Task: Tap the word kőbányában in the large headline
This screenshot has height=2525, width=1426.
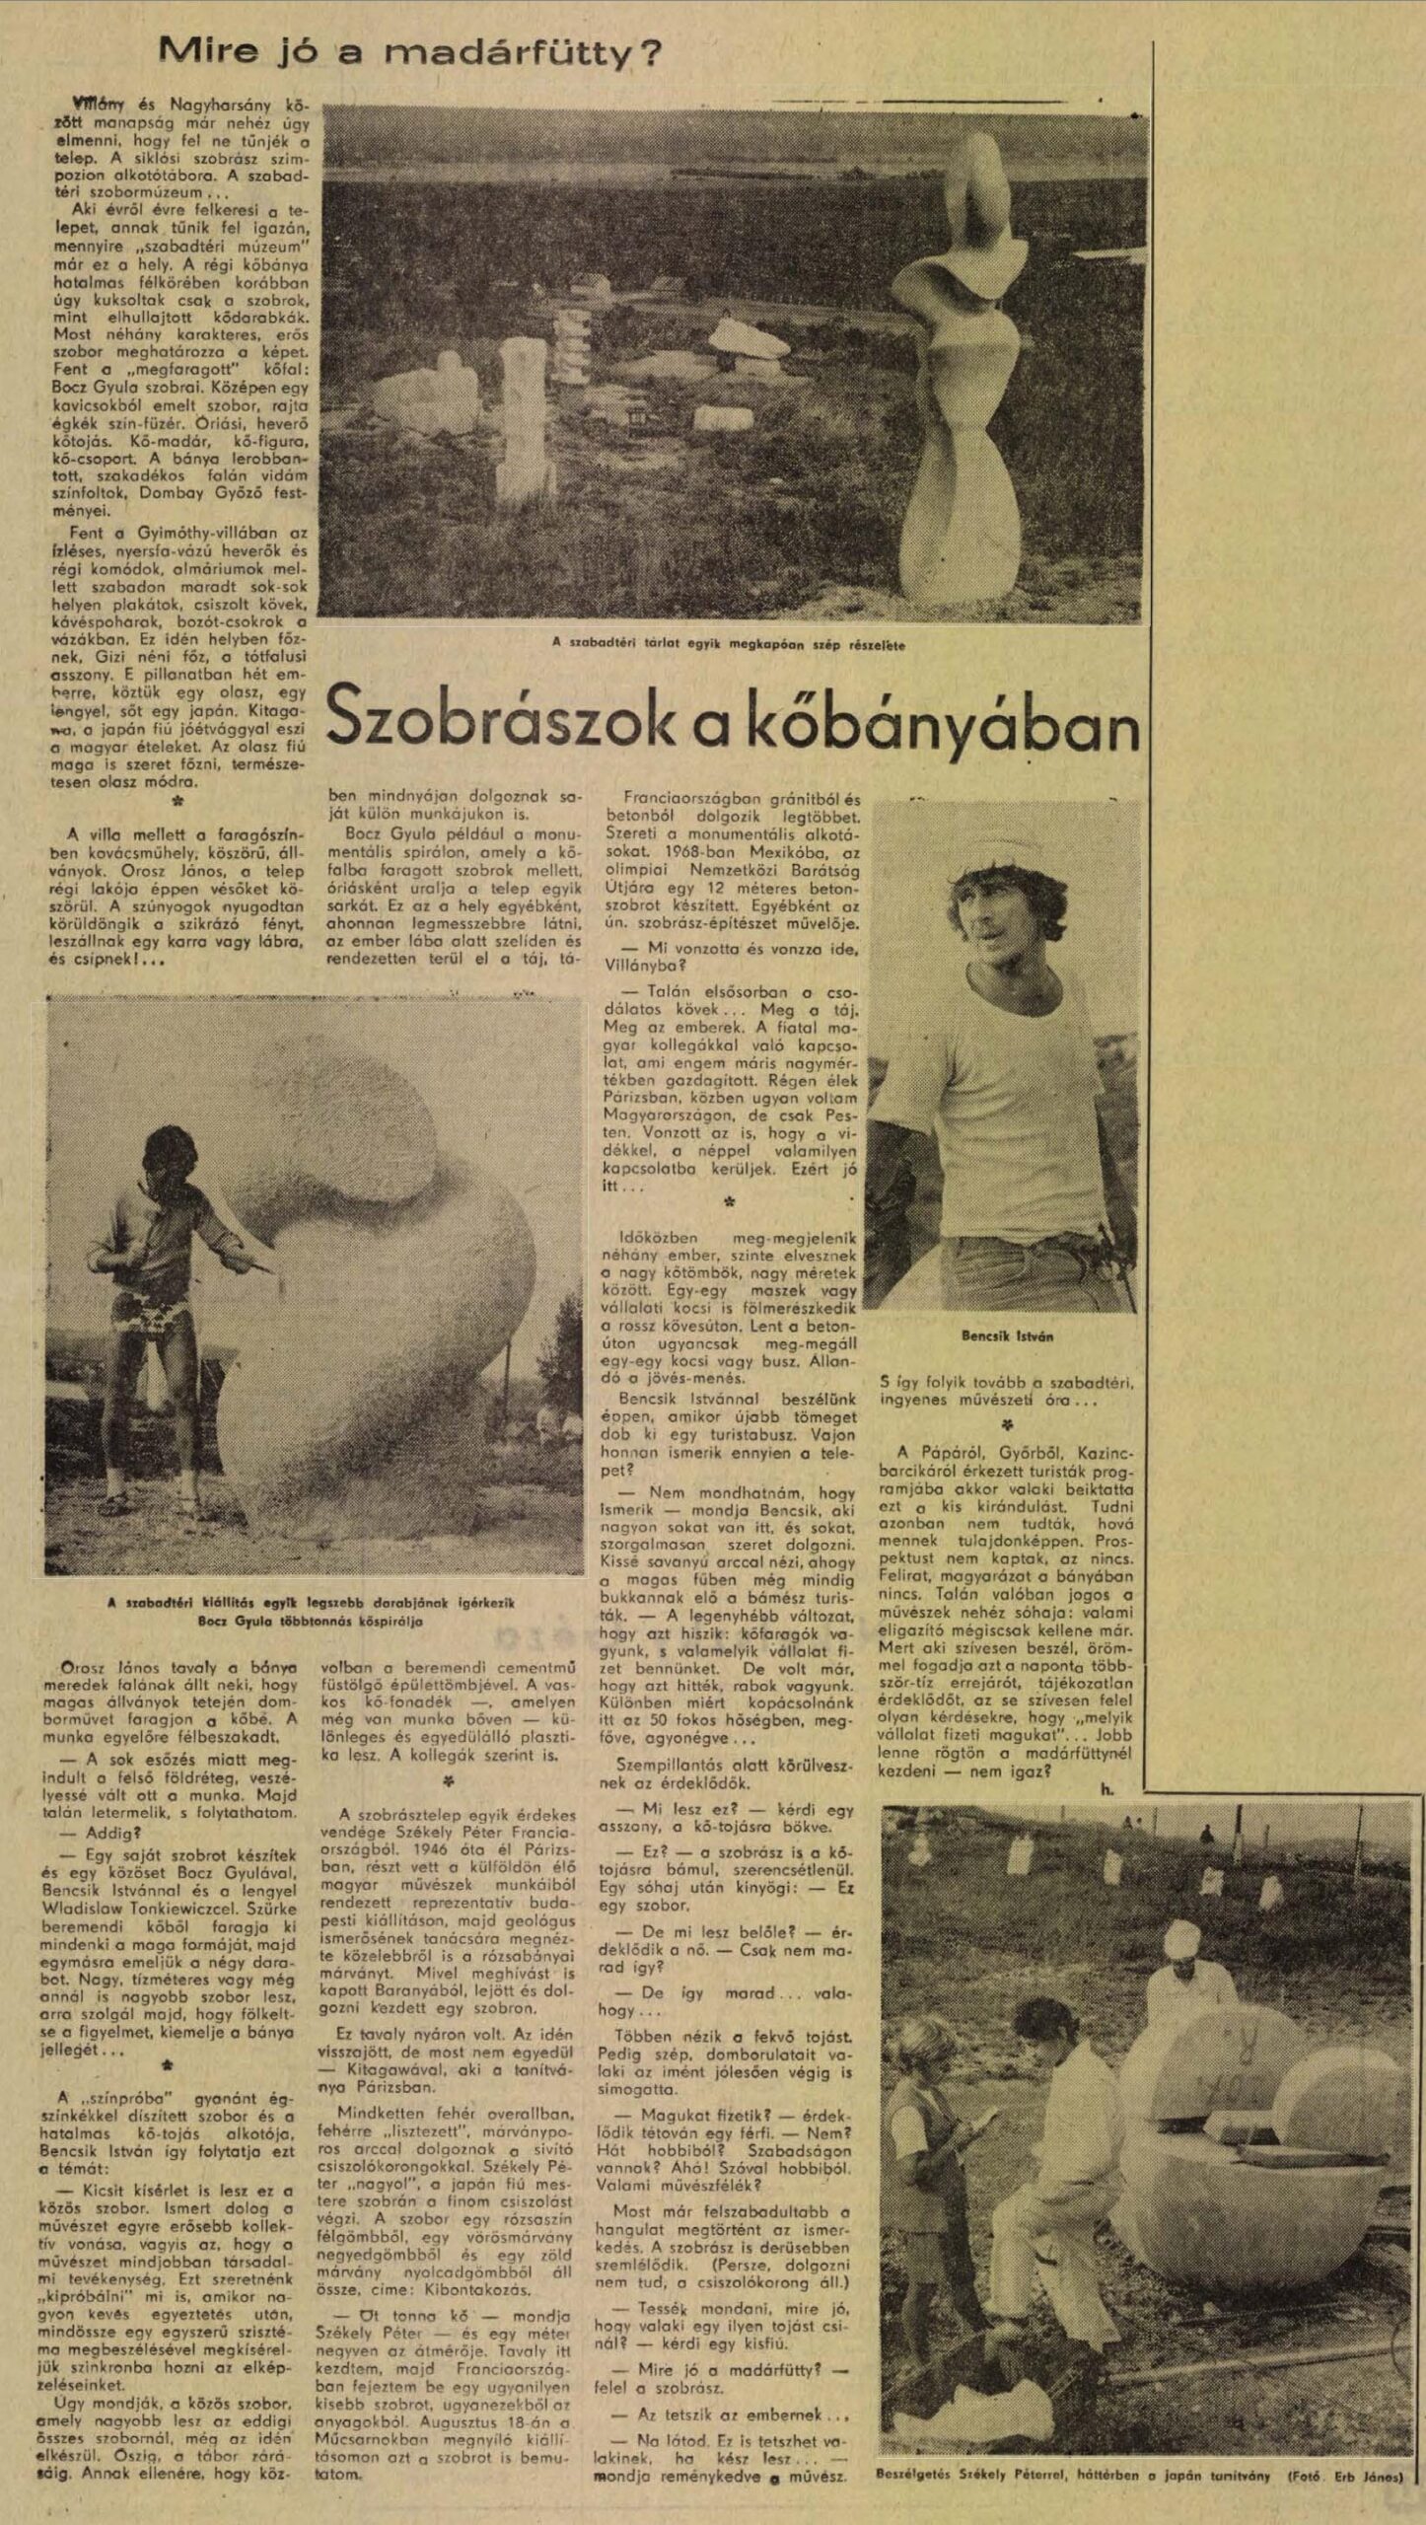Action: tap(906, 723)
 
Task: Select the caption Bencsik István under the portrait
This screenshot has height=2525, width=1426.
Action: tap(1007, 1335)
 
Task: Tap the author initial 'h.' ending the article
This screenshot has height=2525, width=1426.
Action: tap(1105, 1786)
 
